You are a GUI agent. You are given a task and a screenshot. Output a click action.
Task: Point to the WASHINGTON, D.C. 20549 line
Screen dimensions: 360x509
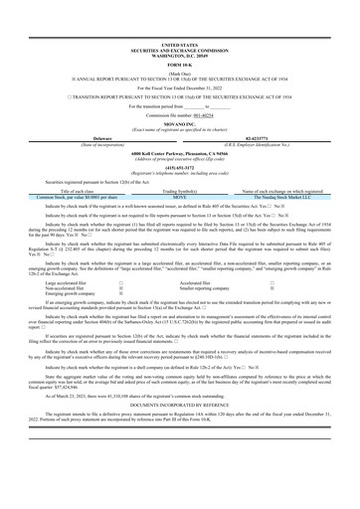point(179,26)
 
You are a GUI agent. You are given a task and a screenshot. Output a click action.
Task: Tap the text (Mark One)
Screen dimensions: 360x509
point(179,46)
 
